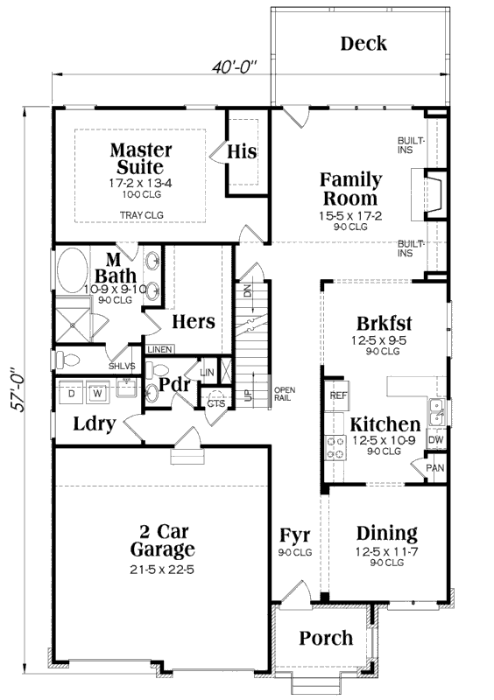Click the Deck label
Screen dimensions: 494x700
363,44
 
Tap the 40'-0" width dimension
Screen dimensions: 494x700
235,67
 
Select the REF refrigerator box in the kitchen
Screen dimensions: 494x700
338,395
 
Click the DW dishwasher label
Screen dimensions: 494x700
436,440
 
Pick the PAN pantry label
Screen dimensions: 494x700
435,468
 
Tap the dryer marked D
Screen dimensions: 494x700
71,393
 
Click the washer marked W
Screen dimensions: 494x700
97,393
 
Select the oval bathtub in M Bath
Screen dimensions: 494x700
73,271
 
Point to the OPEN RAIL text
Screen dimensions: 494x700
285,394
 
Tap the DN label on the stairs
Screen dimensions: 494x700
248,291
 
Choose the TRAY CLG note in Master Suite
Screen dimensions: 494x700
142,215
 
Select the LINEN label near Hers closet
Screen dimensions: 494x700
159,349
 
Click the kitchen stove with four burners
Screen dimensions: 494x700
335,448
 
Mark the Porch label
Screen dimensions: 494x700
326,638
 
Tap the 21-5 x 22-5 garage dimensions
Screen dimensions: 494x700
162,570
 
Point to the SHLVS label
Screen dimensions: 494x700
122,367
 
